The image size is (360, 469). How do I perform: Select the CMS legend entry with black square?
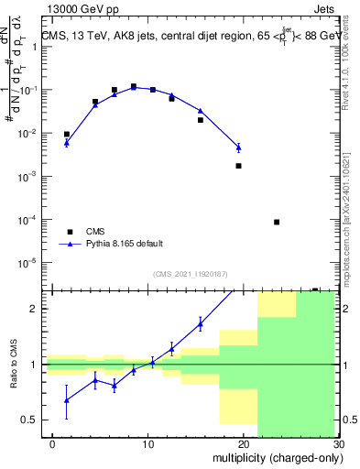pos(95,231)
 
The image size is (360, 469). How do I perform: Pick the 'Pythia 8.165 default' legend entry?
pos(124,244)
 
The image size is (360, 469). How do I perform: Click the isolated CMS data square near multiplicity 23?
pos(277,222)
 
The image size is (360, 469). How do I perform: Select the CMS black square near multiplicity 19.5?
pos(238,166)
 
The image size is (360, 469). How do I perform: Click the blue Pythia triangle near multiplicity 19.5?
pos(238,147)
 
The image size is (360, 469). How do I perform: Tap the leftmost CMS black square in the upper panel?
pos(66,134)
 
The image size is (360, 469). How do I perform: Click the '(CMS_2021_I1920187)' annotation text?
pos(191,274)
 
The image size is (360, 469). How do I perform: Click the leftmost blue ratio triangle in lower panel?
pos(66,399)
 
